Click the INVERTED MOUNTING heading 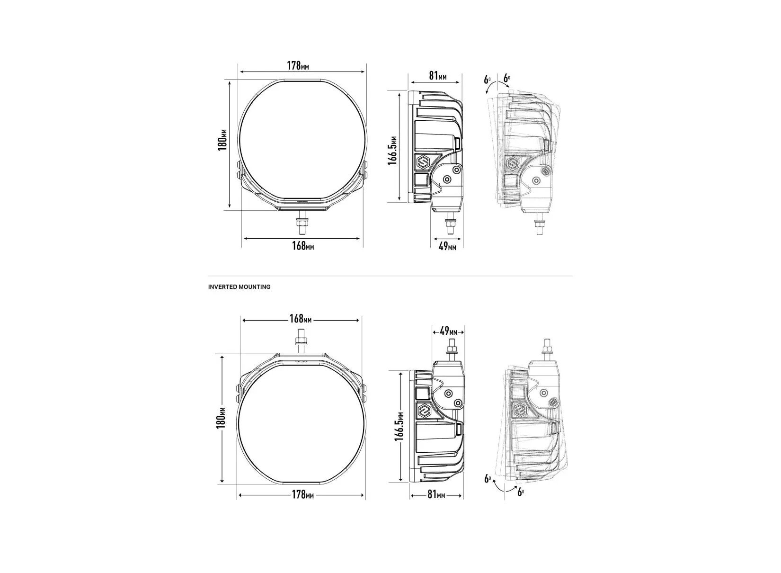point(239,287)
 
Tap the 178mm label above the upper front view point(298,65)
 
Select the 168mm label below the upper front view point(303,246)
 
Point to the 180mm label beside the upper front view point(222,140)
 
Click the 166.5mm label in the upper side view point(392,150)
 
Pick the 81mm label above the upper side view point(437,75)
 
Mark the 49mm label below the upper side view point(447,246)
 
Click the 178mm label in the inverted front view point(303,494)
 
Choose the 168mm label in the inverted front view point(301,319)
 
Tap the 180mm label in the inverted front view point(221,418)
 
